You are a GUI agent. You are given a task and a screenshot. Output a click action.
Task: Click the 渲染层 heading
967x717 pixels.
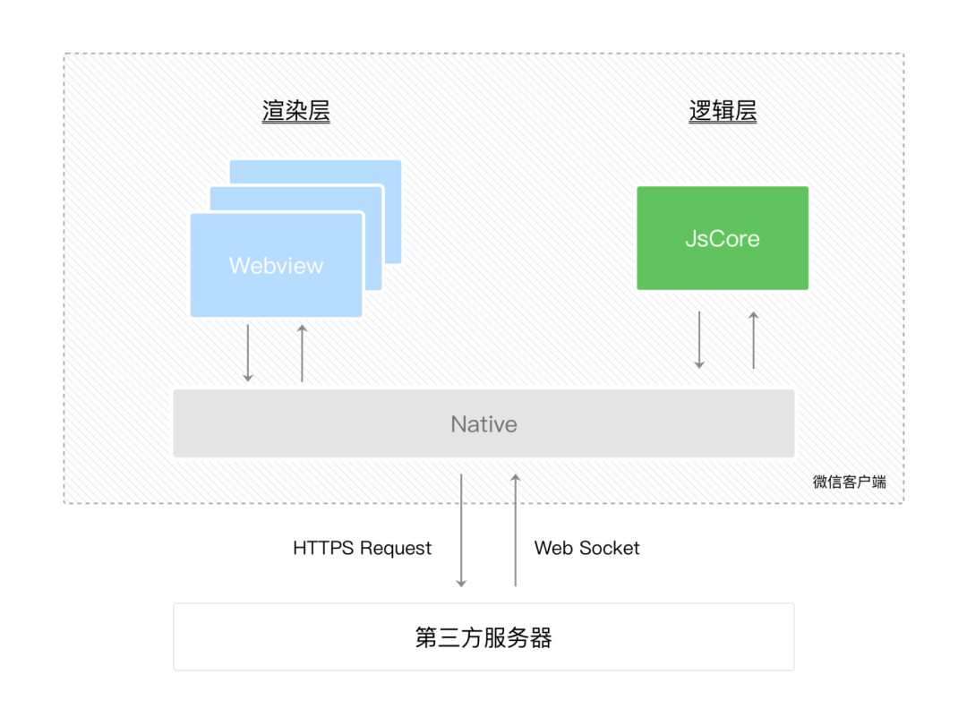pos(295,112)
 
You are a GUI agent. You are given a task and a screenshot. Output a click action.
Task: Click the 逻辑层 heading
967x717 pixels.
pos(723,112)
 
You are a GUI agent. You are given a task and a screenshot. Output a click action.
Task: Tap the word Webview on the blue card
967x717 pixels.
pos(276,266)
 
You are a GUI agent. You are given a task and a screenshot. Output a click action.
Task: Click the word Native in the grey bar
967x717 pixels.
pos(483,424)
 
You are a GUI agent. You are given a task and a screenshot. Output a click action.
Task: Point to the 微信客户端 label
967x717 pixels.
pos(849,482)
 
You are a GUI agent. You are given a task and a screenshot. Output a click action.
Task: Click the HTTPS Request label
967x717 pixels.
pos(362,548)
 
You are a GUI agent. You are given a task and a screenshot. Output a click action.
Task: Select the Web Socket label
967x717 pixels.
pos(586,548)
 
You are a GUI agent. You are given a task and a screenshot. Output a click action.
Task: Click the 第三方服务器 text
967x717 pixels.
pos(483,637)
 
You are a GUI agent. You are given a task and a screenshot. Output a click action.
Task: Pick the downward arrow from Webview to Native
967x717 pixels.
pos(248,354)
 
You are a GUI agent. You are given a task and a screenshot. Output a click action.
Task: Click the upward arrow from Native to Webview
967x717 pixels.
pos(302,354)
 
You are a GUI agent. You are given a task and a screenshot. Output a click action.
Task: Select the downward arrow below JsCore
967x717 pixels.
pos(699,340)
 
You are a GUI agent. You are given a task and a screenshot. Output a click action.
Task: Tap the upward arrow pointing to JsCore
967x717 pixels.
pos(753,340)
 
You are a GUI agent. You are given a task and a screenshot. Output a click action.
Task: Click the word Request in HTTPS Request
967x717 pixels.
pos(395,548)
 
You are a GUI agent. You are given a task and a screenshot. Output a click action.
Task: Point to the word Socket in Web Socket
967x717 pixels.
pos(612,548)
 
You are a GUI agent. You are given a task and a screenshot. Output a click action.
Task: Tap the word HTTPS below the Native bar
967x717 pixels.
pos(323,548)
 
